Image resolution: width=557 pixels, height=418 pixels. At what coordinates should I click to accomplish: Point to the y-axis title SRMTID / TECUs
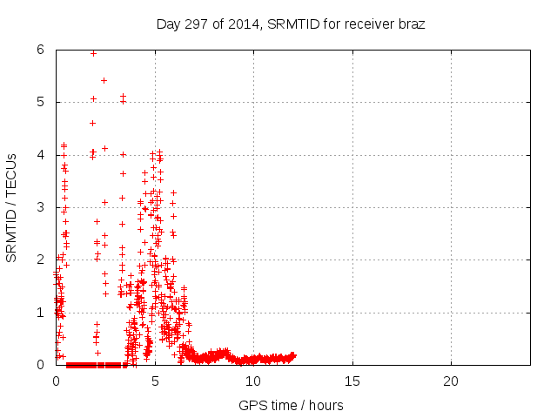pyautogui.click(x=11, y=207)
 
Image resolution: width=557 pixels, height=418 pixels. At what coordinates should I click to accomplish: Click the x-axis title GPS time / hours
pyautogui.click(x=291, y=405)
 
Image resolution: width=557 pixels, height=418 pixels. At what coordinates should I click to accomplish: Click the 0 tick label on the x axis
pyautogui.click(x=57, y=381)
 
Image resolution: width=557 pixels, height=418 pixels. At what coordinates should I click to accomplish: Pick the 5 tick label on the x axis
pyautogui.click(x=155, y=381)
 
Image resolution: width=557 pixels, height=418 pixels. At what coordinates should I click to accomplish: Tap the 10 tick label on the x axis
pyautogui.click(x=253, y=381)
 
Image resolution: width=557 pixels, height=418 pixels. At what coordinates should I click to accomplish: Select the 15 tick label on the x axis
pyautogui.click(x=352, y=381)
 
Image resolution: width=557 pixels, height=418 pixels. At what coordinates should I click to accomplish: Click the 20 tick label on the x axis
pyautogui.click(x=451, y=381)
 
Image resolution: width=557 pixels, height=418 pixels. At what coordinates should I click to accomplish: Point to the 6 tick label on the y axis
pyautogui.click(x=41, y=50)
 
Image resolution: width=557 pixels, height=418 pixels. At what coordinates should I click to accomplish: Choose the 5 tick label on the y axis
pyautogui.click(x=41, y=102)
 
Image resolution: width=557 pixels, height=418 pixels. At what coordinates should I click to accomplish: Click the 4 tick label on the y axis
pyautogui.click(x=41, y=155)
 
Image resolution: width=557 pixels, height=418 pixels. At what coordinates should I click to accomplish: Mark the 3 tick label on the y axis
pyautogui.click(x=41, y=207)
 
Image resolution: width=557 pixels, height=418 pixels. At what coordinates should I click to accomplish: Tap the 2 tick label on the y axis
pyautogui.click(x=41, y=260)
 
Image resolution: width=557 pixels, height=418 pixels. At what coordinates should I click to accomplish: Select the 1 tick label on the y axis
pyautogui.click(x=41, y=312)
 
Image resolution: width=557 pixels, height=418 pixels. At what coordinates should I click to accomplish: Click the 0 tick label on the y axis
pyautogui.click(x=41, y=365)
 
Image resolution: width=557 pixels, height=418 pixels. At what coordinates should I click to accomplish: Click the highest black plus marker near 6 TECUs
pyautogui.click(x=93, y=53)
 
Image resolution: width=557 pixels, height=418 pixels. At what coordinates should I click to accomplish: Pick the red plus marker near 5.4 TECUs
pyautogui.click(x=104, y=80)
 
